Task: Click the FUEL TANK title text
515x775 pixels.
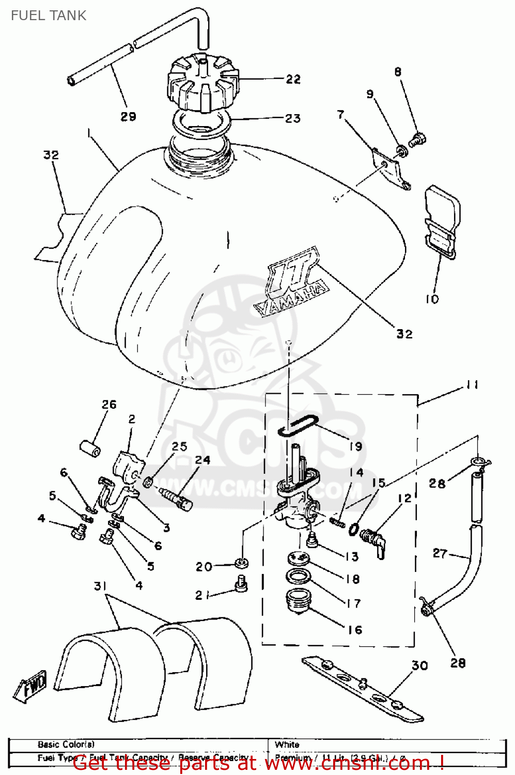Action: coord(48,16)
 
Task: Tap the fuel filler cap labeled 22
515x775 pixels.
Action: coord(202,83)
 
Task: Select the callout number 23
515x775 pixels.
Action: coord(293,118)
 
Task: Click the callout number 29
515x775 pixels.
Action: coord(128,117)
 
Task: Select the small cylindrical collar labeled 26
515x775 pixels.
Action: coord(90,447)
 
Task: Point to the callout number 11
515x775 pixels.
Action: coord(472,385)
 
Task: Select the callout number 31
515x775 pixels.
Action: coord(100,586)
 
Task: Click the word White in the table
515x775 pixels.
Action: coord(287,745)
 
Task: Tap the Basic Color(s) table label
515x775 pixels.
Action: coord(66,745)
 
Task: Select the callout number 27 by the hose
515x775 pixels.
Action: coord(440,553)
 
